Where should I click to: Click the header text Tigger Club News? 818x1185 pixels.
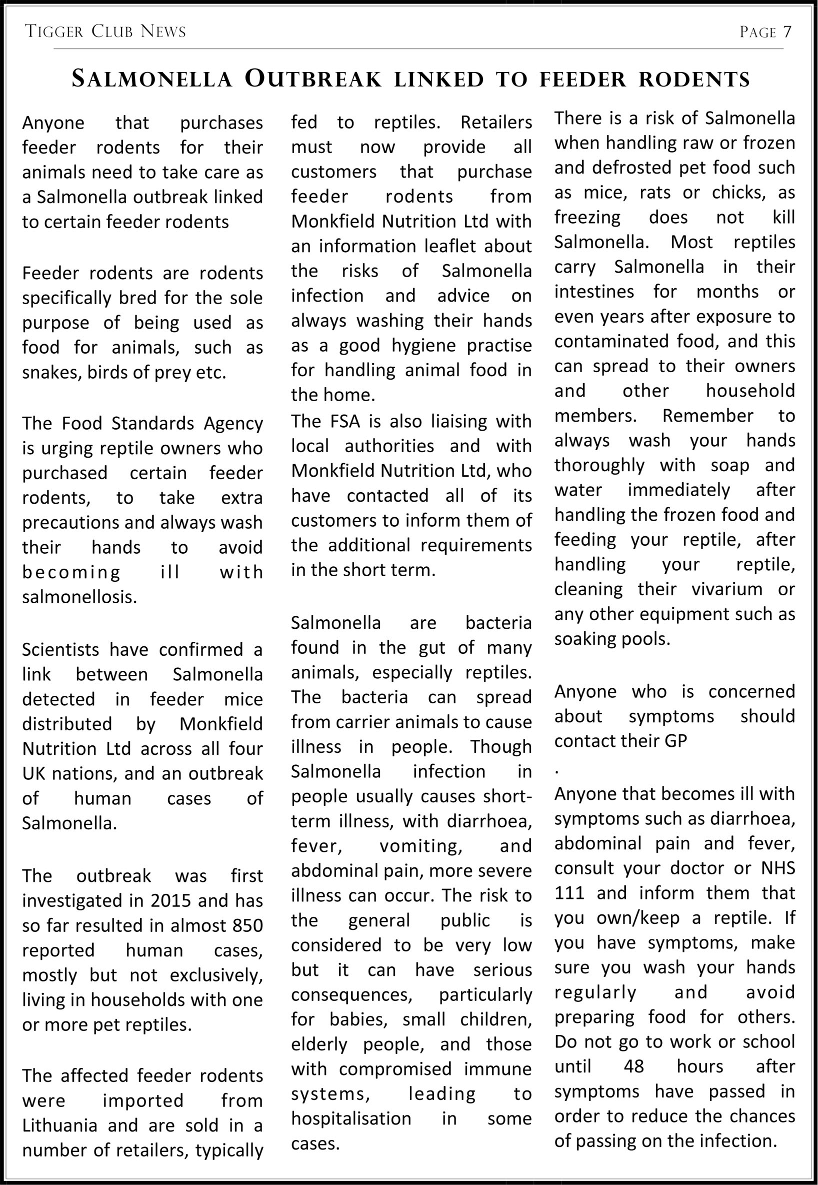point(105,32)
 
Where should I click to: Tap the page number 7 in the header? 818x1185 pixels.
point(786,33)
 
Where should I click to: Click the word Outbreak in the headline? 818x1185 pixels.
point(313,80)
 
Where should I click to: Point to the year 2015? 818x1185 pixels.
point(171,900)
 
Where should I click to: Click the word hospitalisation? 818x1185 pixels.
point(351,1118)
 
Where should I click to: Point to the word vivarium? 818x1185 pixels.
point(726,589)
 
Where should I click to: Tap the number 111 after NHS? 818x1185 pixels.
point(569,893)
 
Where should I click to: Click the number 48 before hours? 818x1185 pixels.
point(633,1066)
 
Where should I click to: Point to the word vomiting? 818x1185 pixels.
point(420,845)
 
